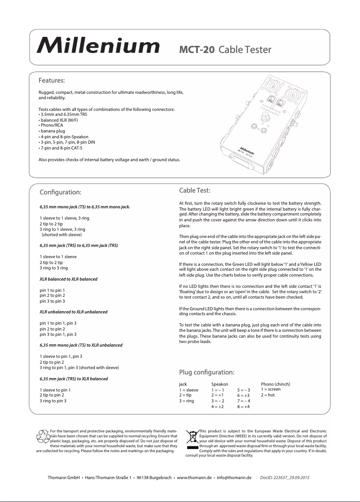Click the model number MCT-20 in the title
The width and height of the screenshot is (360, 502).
[x=197, y=49]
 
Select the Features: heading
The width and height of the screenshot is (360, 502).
[x=52, y=81]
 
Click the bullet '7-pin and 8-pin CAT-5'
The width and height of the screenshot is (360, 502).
[x=61, y=148]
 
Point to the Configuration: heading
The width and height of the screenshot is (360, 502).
[x=61, y=192]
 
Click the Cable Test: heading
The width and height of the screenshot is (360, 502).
[x=195, y=191]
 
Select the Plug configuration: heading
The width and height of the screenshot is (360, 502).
[x=206, y=372]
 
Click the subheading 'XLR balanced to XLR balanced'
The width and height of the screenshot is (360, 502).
[x=68, y=279]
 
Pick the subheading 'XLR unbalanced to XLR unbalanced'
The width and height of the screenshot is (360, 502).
[x=73, y=311]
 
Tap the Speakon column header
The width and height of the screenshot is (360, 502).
[x=220, y=384]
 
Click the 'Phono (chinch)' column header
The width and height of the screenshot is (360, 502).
[x=275, y=384]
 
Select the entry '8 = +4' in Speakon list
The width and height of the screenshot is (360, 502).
[x=243, y=406]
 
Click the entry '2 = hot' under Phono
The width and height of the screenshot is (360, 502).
[x=268, y=395]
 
